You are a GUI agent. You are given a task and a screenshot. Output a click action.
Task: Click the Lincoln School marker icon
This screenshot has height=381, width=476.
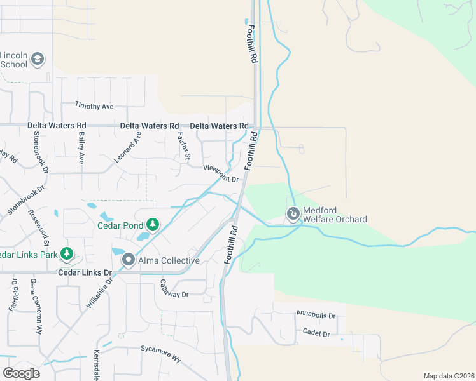tap(37, 59)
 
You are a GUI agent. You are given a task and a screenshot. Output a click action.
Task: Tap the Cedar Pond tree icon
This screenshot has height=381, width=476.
tap(152, 224)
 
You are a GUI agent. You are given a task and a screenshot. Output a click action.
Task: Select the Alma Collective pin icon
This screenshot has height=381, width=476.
tap(128, 260)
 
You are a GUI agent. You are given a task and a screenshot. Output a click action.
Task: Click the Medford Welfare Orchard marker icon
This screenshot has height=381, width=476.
tap(293, 214)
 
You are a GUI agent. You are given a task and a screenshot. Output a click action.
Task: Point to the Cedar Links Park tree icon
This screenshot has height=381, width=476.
tap(66, 255)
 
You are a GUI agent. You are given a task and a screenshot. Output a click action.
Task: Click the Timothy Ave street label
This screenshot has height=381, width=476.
tap(94, 105)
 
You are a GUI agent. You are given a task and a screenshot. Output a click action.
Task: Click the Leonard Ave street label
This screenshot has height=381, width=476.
tap(127, 149)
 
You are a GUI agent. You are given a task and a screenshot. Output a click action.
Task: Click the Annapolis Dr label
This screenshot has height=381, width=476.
tap(316, 314)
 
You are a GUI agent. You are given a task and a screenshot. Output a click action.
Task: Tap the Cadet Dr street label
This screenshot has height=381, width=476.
tap(316, 333)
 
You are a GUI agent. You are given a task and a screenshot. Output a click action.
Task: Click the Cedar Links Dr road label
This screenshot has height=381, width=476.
tap(85, 273)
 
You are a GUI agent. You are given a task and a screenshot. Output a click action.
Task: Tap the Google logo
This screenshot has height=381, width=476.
tap(21, 373)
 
